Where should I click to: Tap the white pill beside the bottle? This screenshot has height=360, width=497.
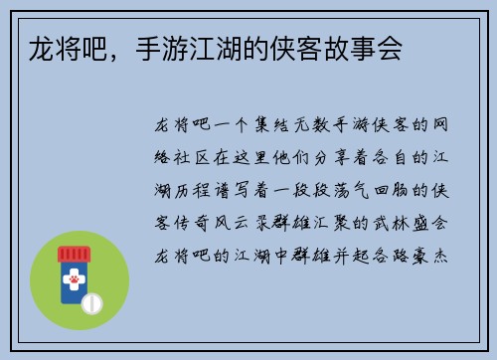tap(91, 301)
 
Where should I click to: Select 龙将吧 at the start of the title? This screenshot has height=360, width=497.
tap(53, 50)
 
